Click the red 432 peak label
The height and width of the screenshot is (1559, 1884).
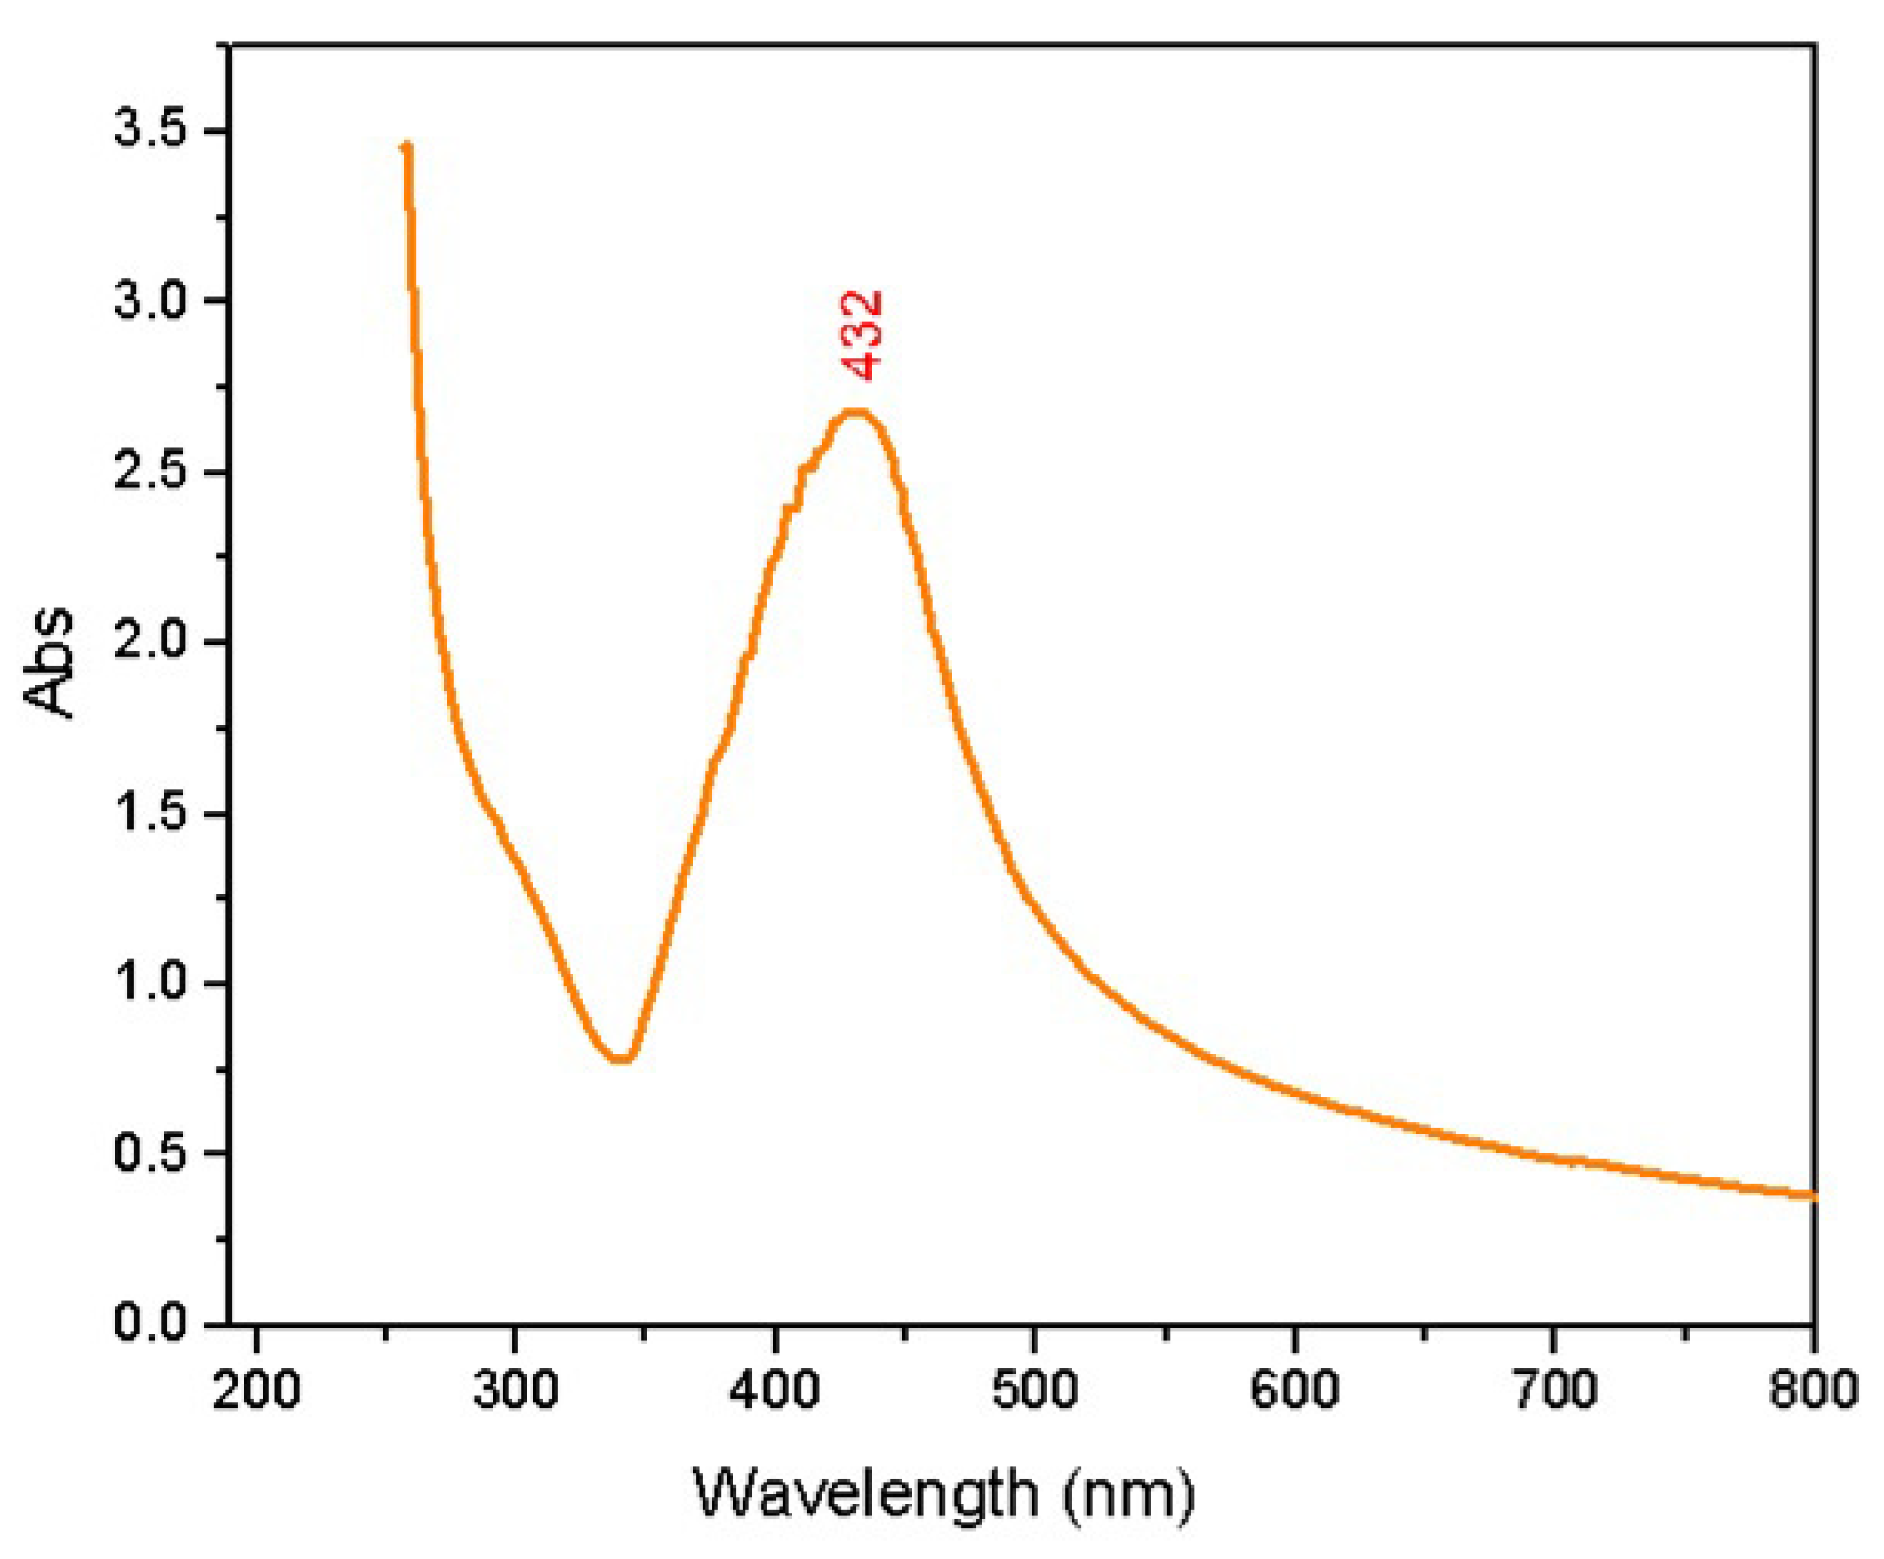[862, 335]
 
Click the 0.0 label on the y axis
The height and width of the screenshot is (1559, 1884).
[150, 1323]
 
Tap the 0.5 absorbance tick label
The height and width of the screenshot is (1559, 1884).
[150, 1153]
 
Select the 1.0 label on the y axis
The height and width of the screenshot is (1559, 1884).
[150, 983]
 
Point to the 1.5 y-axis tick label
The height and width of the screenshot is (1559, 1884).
[150, 813]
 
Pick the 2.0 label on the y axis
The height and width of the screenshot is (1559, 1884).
[150, 642]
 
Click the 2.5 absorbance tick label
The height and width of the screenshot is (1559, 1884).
[150, 472]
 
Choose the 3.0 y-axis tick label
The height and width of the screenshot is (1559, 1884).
[150, 301]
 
